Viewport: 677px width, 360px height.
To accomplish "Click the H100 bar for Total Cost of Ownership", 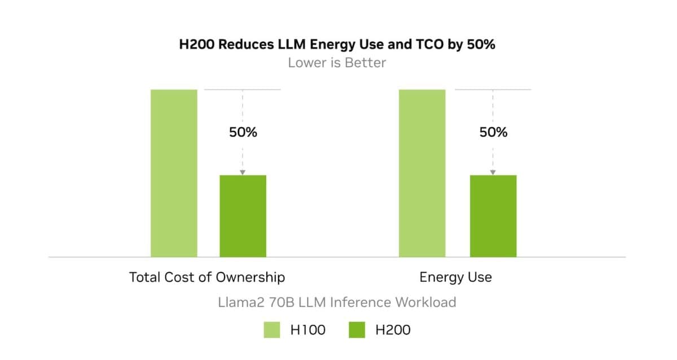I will tap(174, 173).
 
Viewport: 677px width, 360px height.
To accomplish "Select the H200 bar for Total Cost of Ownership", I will tap(243, 216).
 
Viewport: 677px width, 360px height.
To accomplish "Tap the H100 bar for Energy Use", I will tap(422, 173).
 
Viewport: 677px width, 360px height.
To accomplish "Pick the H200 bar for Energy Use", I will tap(493, 216).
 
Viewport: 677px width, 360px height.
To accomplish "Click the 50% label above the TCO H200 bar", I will tap(243, 133).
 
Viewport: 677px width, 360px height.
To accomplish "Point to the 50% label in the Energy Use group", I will tap(493, 133).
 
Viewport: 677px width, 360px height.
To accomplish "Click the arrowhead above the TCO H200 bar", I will tap(243, 172).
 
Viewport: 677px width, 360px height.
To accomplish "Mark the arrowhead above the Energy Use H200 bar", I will tap(493, 172).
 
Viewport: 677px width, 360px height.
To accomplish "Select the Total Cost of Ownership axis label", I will tap(207, 277).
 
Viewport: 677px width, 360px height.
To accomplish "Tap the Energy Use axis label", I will tap(455, 277).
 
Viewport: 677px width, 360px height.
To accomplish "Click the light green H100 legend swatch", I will tap(272, 330).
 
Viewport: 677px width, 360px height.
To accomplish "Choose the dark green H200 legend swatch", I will tap(357, 330).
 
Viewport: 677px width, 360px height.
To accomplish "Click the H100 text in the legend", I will tap(307, 330).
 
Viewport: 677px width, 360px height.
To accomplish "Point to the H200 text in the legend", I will tap(393, 330).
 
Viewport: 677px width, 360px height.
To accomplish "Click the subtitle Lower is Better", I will tap(337, 63).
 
